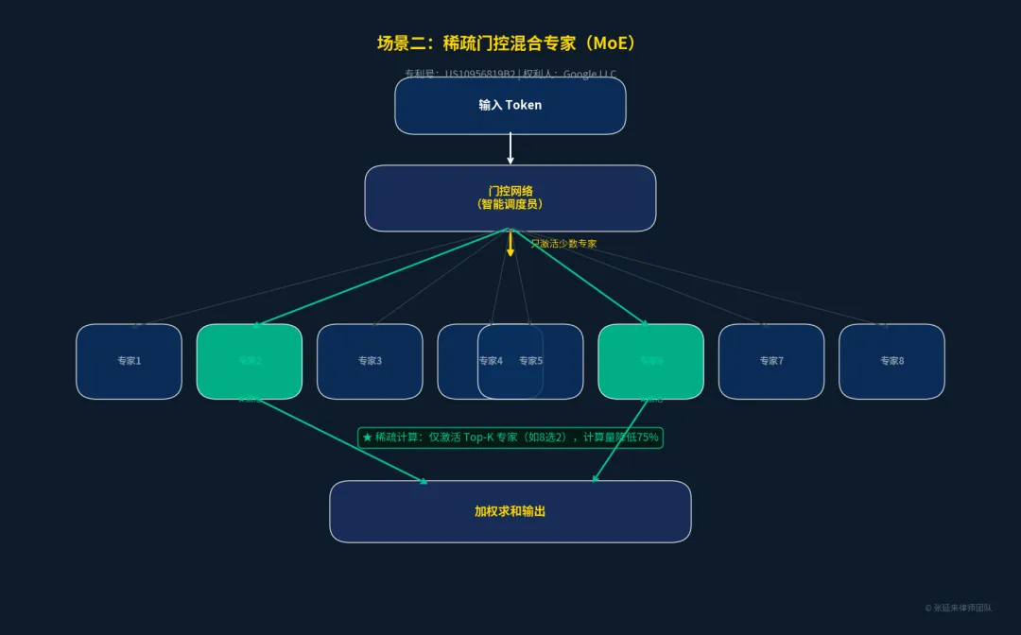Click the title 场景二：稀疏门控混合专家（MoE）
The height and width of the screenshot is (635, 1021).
coord(510,43)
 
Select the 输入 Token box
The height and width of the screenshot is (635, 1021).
coord(510,105)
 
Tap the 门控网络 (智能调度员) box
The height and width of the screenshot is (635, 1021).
coord(510,197)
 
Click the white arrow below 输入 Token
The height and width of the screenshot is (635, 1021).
coord(510,148)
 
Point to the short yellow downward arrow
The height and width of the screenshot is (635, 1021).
coord(510,245)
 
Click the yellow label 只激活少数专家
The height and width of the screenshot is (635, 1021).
coord(563,244)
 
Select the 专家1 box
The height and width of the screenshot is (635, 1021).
coord(129,361)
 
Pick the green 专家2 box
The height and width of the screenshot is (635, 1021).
coord(250,361)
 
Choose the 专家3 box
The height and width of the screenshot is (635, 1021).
coord(370,361)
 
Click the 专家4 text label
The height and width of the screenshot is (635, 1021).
coord(491,361)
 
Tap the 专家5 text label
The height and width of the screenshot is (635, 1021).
coord(531,361)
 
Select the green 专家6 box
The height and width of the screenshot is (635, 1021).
coord(651,361)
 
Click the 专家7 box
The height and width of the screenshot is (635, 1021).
coord(771,361)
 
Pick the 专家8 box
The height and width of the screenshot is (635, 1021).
coord(891,361)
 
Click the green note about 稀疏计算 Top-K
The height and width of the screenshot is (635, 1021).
coord(510,438)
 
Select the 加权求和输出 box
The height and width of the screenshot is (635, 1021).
coord(510,511)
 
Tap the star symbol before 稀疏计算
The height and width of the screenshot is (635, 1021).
coord(367,438)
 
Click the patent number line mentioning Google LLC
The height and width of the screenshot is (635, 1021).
coord(510,73)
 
